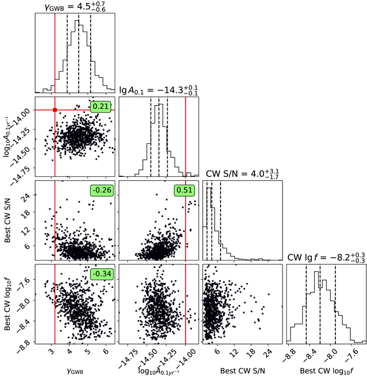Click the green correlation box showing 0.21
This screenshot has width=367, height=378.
[x=101, y=106]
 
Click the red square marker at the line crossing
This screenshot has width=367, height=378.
[x=55, y=110]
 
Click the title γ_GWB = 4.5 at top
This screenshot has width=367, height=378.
[x=75, y=7]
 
